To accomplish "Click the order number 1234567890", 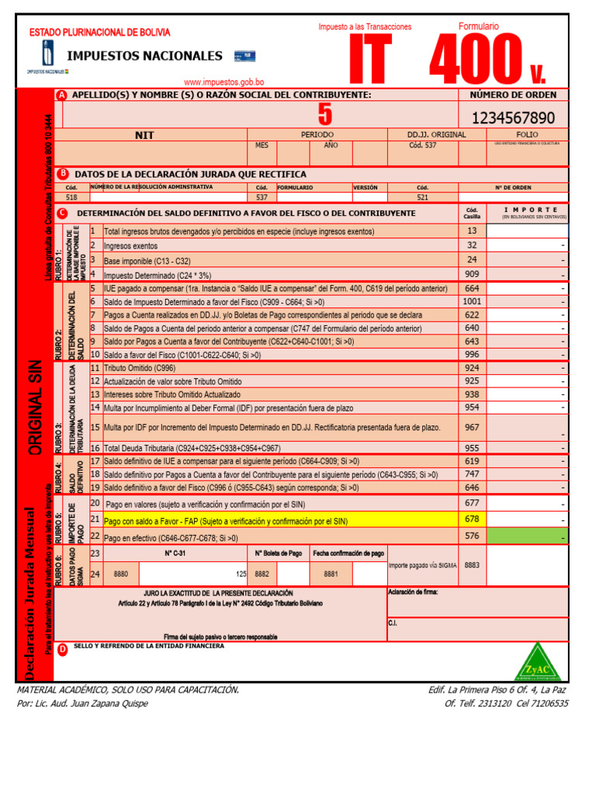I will coord(513,118).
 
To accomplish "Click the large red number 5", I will coord(324,115).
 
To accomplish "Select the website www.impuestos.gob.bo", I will coord(223,82).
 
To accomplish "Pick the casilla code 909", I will coord(472,274).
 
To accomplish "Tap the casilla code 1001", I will coord(472,300).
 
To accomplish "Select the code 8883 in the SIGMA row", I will coord(472,566).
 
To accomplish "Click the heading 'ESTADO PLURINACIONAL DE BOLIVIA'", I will coord(99,33).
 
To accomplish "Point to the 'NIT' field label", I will coord(144,135).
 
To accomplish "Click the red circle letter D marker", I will coord(62,649).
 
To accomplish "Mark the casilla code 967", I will coord(472,427).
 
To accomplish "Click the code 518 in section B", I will coord(72,197).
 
